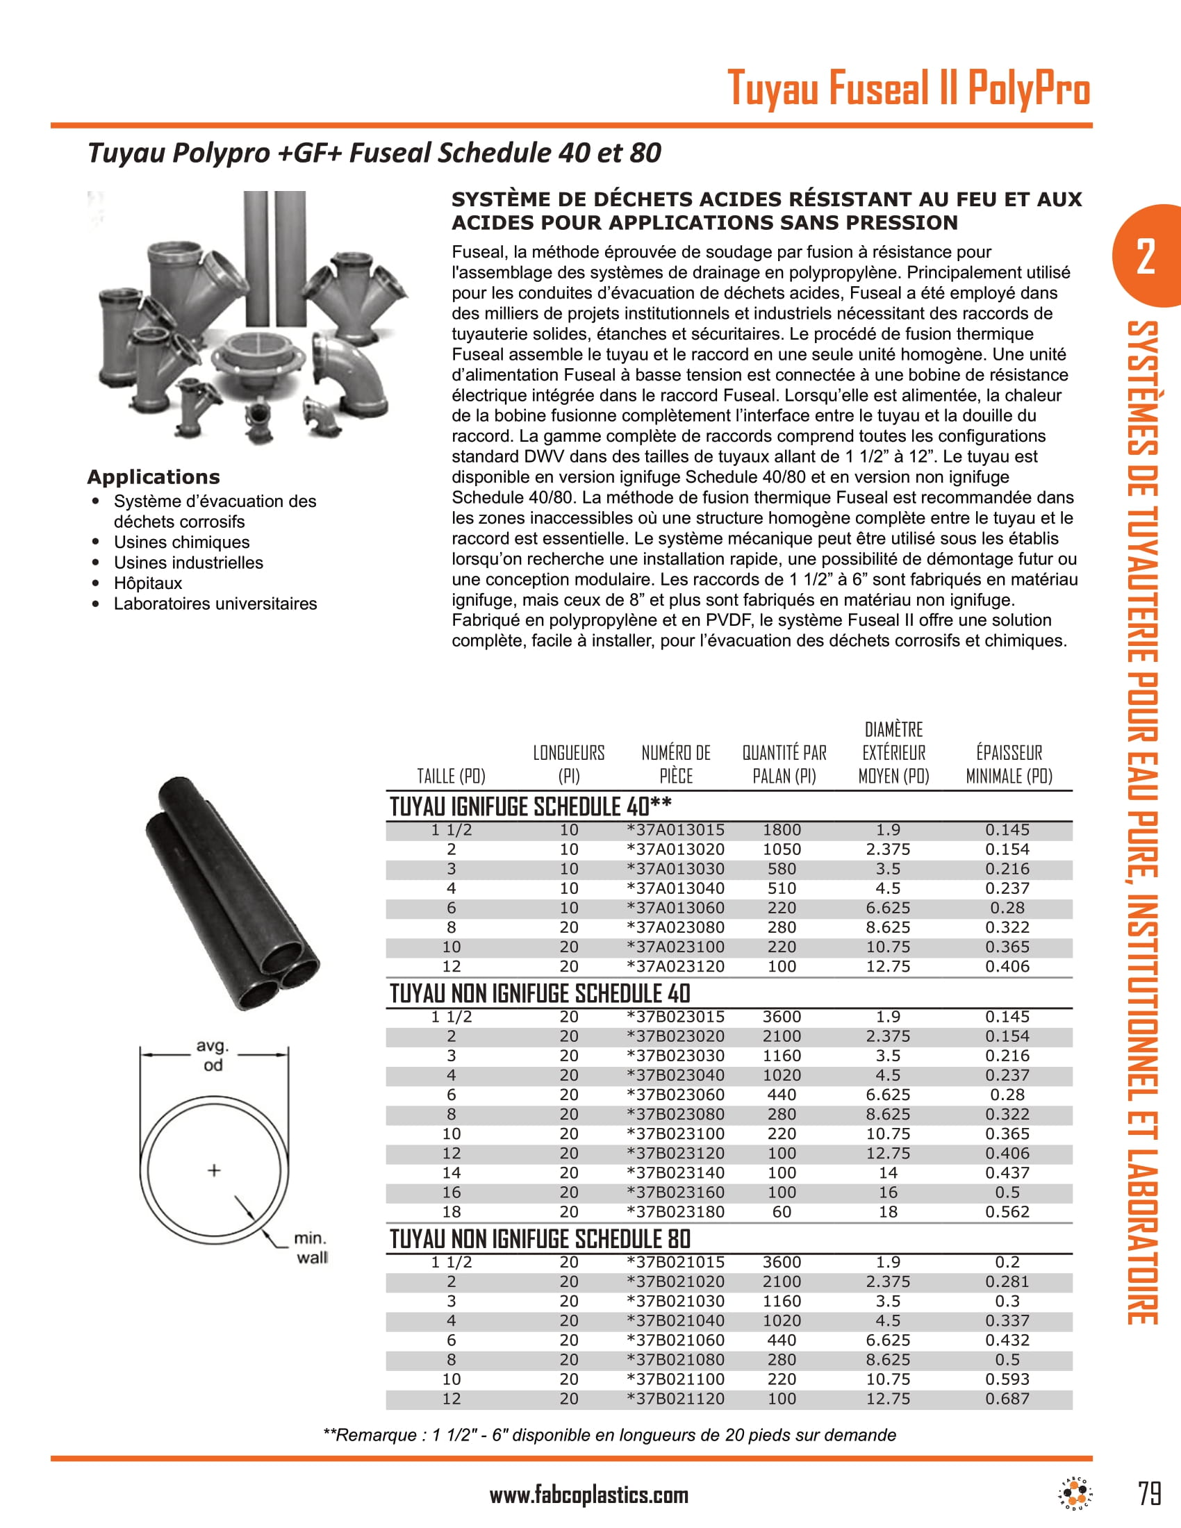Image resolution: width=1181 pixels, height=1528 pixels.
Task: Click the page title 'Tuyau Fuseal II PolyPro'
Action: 908,88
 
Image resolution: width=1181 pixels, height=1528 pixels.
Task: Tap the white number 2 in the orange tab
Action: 1146,257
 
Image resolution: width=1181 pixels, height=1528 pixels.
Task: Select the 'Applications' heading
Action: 154,477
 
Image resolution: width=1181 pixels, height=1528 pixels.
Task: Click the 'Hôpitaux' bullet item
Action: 147,583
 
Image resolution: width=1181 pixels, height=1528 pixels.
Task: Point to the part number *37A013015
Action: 675,830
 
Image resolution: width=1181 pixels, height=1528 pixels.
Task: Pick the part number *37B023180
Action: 675,1212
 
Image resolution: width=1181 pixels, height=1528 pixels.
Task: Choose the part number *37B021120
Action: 675,1399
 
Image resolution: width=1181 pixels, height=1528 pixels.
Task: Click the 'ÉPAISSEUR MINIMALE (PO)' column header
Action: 1009,764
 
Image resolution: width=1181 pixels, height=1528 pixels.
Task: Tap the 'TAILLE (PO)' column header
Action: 452,776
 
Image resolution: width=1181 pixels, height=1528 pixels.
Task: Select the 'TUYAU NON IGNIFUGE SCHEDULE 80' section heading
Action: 539,1239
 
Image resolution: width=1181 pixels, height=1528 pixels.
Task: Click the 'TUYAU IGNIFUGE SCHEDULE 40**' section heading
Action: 530,806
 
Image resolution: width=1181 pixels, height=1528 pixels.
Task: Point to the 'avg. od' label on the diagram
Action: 213,1056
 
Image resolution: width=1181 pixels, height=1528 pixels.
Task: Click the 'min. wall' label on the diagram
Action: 311,1248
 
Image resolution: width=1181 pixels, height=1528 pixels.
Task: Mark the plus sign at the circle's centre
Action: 214,1170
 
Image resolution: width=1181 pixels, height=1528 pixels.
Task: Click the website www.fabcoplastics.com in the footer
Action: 588,1495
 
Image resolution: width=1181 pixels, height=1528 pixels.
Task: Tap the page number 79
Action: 1150,1495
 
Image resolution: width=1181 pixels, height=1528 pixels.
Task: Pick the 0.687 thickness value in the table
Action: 1007,1399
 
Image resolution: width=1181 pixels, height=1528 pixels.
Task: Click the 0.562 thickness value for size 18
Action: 1007,1212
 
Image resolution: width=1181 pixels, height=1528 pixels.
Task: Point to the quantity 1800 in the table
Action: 782,830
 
